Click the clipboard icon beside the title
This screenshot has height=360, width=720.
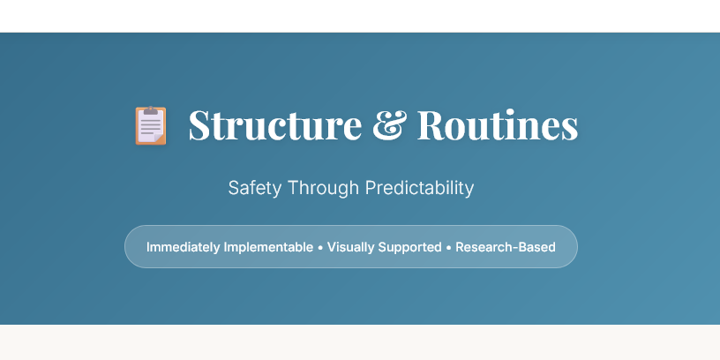pyautogui.click(x=150, y=125)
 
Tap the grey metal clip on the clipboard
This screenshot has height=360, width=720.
pyautogui.click(x=151, y=110)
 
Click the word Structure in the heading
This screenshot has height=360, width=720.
pyautogui.click(x=274, y=125)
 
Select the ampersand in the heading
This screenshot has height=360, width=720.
pyautogui.click(x=389, y=125)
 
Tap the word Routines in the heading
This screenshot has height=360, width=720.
pyautogui.click(x=498, y=125)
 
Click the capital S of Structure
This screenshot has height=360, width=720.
pyautogui.click(x=200, y=125)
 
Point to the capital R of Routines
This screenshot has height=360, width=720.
pyautogui.click(x=430, y=125)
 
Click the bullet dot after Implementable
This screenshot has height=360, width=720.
pyautogui.click(x=320, y=247)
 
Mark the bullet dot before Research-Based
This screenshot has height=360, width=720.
pyautogui.click(x=448, y=247)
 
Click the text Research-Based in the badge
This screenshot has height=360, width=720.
pyautogui.click(x=506, y=247)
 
